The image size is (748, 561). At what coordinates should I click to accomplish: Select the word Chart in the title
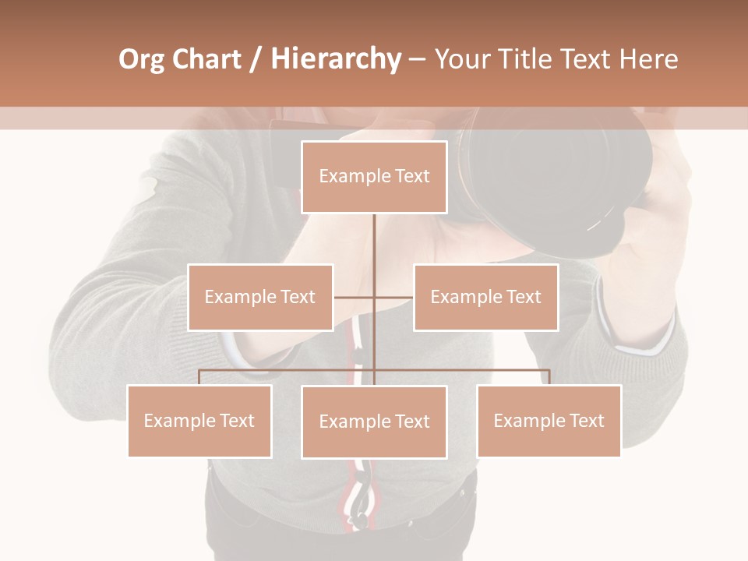[206, 59]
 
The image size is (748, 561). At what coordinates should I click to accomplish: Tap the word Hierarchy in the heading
[336, 59]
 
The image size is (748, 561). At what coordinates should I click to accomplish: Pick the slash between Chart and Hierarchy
[254, 60]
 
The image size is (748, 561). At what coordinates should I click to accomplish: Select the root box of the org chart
[374, 177]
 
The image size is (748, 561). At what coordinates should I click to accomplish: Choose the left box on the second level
[259, 297]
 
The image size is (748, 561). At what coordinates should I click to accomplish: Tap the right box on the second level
[485, 297]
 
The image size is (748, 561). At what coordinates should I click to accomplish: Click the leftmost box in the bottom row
[199, 421]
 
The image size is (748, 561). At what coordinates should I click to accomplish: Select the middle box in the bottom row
[374, 422]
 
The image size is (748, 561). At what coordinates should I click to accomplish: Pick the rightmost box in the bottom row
[549, 421]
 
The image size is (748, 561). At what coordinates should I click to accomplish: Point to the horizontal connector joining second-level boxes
[393, 297]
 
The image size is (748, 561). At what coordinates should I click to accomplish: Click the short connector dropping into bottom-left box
[199, 377]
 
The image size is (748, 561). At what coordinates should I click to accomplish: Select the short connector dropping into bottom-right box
[549, 377]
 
